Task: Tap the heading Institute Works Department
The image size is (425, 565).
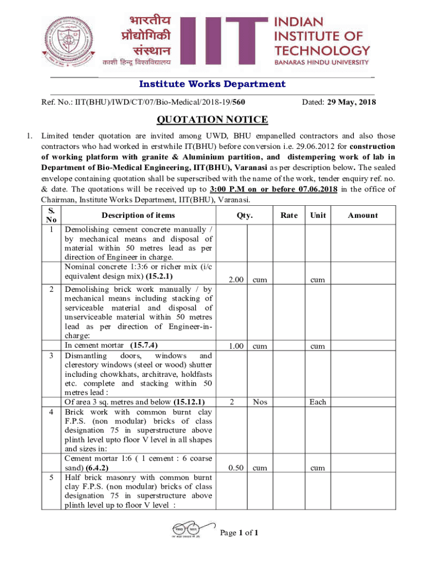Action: pyautogui.click(x=212, y=84)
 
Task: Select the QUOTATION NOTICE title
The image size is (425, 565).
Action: pyautogui.click(x=212, y=120)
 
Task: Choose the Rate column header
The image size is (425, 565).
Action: pyautogui.click(x=288, y=215)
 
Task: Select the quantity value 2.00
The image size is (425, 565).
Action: pyautogui.click(x=236, y=280)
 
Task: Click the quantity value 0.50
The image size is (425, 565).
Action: pyautogui.click(x=236, y=467)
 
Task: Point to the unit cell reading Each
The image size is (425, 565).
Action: pyautogui.click(x=317, y=402)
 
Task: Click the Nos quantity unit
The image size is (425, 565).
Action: pyautogui.click(x=260, y=402)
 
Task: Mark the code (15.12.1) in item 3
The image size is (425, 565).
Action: pyautogui.click(x=189, y=402)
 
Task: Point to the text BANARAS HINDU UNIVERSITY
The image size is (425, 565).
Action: pyautogui.click(x=322, y=63)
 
